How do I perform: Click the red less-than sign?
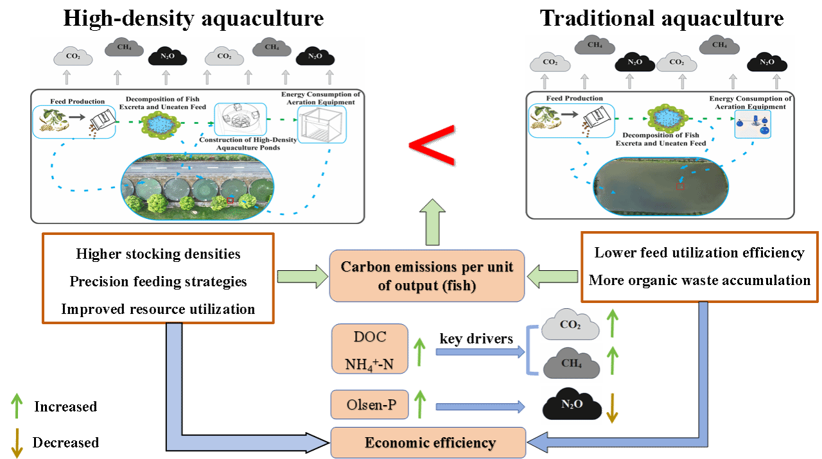pos(432,145)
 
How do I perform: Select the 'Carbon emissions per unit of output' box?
pos(427,276)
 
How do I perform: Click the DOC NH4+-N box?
pos(369,349)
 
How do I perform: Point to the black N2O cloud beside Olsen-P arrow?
pos(572,405)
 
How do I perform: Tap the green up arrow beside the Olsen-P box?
pos(420,405)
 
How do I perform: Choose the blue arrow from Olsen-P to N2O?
pos(480,406)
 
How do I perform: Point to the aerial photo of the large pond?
pos(660,186)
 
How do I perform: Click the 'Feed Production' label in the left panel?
pos(77,101)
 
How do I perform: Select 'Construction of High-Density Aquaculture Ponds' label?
pos(248,143)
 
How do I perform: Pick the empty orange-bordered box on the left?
pos(158,278)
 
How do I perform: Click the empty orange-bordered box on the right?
pos(699,266)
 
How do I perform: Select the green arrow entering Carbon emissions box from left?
pos(302,277)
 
